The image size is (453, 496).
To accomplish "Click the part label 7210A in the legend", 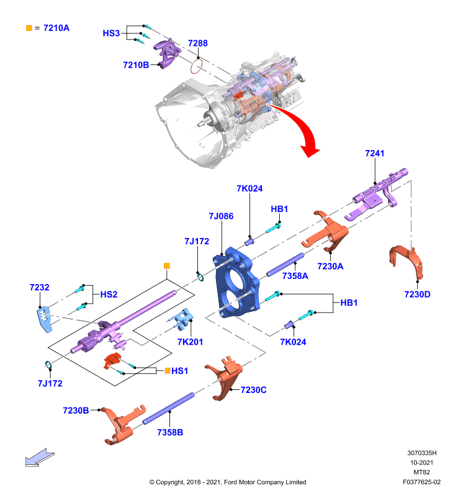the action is coord(56,28).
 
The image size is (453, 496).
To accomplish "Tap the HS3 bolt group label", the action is coord(111,33).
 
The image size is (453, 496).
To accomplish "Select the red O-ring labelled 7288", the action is coord(196,67).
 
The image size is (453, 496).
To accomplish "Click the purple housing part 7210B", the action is coord(168,53).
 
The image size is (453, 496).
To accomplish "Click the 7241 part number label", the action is coord(374,153).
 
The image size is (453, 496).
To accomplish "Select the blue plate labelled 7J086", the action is coord(238,282).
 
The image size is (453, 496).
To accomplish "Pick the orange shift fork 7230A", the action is coord(325,231).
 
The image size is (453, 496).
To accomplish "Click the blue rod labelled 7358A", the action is coord(285,265).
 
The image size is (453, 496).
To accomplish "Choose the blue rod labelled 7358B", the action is coord(168,409).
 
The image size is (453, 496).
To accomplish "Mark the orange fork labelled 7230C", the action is coord(224,378).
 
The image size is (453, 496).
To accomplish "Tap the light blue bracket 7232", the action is coord(44,319).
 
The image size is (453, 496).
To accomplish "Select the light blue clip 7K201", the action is coord(181,319).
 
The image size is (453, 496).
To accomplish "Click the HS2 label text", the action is coord(109,294).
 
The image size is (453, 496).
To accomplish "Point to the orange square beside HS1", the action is coord(168,370).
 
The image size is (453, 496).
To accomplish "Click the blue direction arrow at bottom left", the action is coord(40,458).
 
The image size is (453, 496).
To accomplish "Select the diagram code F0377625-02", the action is coord(421,482).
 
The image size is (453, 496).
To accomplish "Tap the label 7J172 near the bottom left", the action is coord(50,383).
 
